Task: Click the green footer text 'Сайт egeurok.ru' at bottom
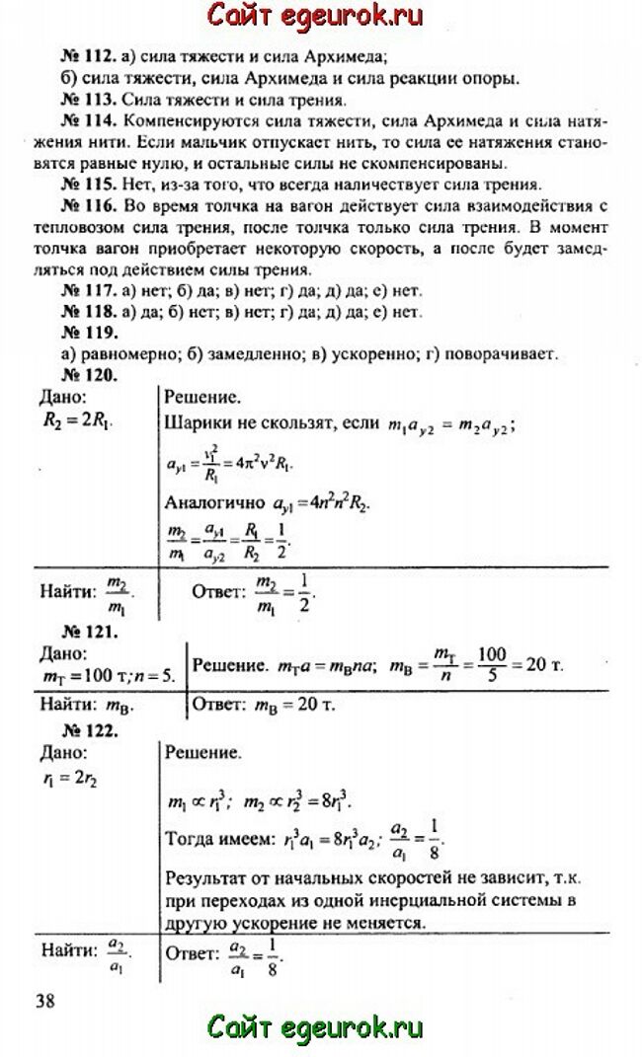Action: tap(315, 1027)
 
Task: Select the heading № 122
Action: tap(90, 731)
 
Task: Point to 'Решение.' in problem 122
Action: tap(201, 754)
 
